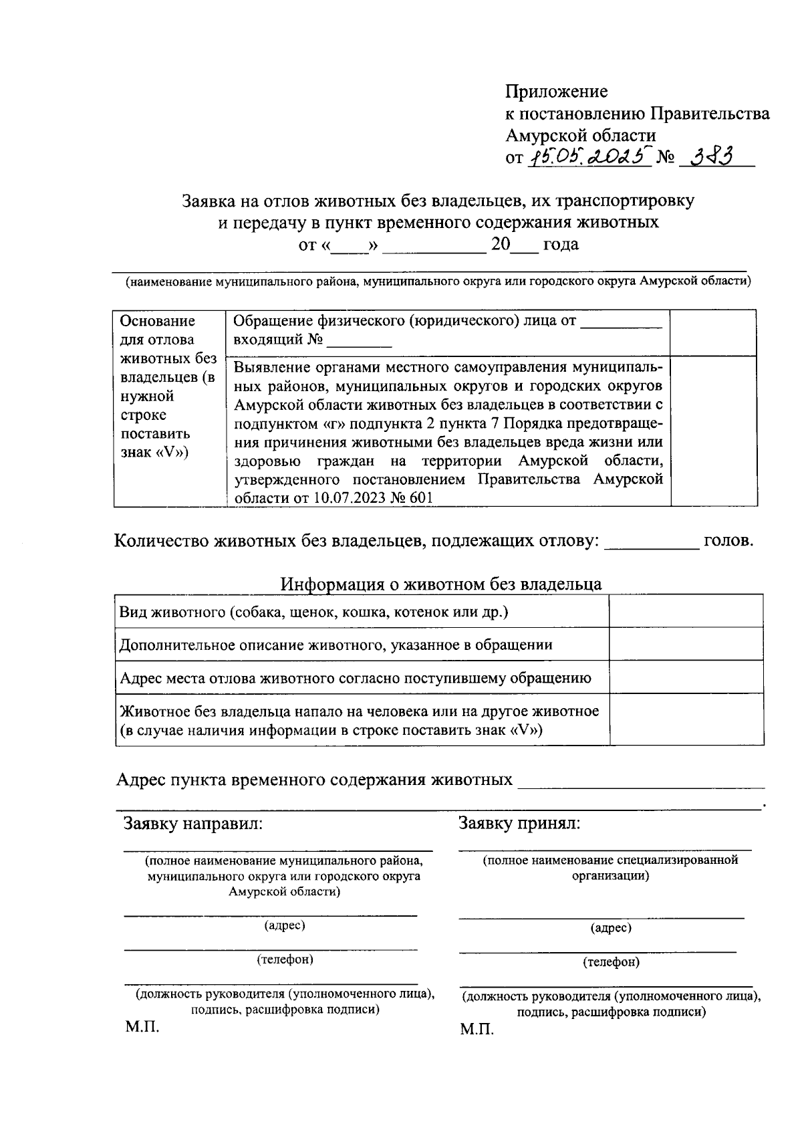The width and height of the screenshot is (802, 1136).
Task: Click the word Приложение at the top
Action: coord(556,92)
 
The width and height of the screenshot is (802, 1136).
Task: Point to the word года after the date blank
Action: coord(560,245)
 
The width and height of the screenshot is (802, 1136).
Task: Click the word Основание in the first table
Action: coord(157,321)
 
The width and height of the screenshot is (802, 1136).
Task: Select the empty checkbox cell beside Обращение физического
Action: coord(713,332)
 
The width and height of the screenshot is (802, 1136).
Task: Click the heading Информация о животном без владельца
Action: coord(440,584)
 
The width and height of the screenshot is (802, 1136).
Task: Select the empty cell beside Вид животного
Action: coord(686,611)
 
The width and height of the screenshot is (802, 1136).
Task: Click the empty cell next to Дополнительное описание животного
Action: coord(686,644)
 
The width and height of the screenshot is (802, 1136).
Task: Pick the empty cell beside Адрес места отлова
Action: coord(686,677)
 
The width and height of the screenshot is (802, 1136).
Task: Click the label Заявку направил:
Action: coord(193,824)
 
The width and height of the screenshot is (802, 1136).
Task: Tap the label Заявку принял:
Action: coord(519,824)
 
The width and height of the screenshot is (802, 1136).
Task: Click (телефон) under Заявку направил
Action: coord(285,959)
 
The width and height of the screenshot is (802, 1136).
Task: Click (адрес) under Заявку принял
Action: coord(611,928)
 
